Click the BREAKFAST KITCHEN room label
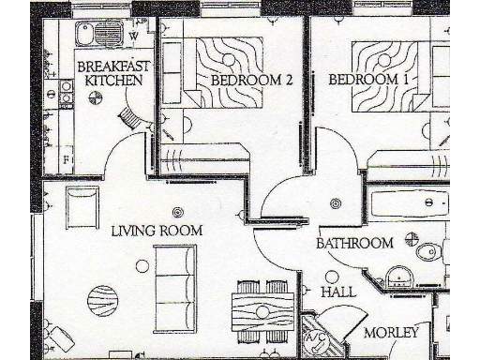click(109, 73)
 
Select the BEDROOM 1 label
click(368, 80)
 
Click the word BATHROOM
click(353, 244)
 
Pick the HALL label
click(338, 292)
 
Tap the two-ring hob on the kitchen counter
click(67, 92)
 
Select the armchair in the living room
click(81, 205)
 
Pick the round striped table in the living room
click(104, 303)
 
